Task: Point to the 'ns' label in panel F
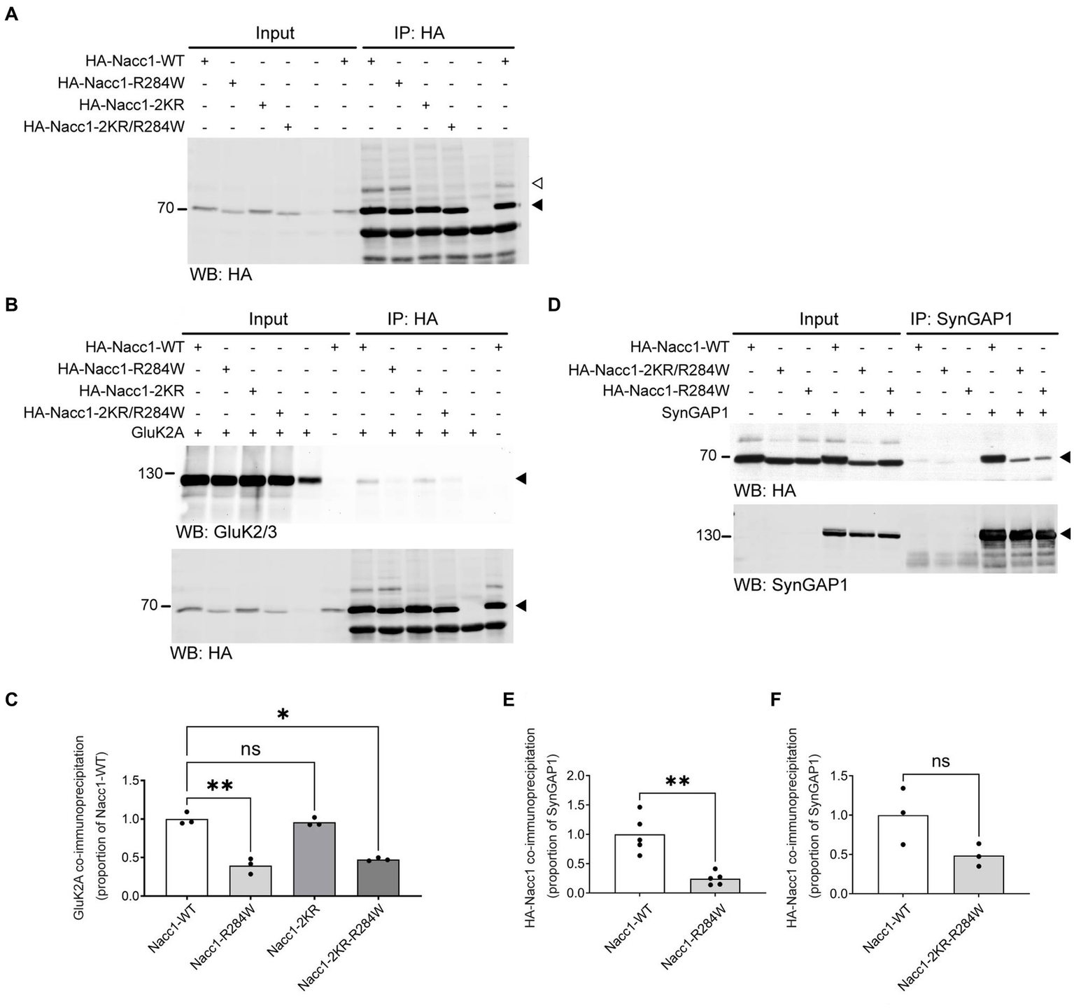(x=941, y=762)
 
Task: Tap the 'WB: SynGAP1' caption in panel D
(x=790, y=584)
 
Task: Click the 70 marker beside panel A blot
(x=165, y=208)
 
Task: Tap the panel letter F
(x=776, y=701)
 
